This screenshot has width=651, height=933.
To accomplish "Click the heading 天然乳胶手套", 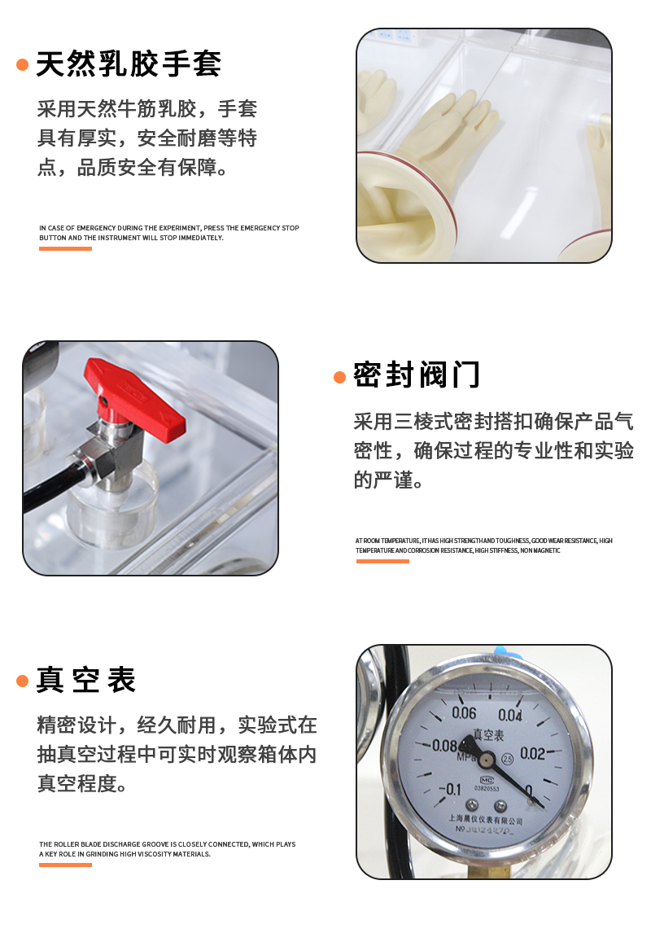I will pyautogui.click(x=129, y=64).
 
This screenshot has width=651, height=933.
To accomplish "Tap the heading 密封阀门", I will pyautogui.click(x=417, y=375).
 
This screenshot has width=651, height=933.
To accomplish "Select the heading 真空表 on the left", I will pyautogui.click(x=86, y=680).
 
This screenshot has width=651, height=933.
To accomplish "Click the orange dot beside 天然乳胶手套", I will pyautogui.click(x=23, y=64).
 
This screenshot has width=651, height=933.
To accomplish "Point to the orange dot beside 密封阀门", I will pyautogui.click(x=340, y=376).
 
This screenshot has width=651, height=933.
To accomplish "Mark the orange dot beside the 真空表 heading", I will pyautogui.click(x=23, y=681).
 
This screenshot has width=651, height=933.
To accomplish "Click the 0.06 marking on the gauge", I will pyautogui.click(x=464, y=714).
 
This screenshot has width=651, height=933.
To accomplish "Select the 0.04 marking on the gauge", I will pyautogui.click(x=510, y=716).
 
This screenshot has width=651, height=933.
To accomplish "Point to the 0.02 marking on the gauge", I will pyautogui.click(x=532, y=753).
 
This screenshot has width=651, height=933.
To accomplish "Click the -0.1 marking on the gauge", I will pyautogui.click(x=449, y=788).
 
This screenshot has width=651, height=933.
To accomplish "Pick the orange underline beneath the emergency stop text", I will pyautogui.click(x=65, y=248).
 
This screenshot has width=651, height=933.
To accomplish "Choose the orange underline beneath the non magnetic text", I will pyautogui.click(x=382, y=561).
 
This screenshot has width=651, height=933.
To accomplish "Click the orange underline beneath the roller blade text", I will pyautogui.click(x=65, y=865).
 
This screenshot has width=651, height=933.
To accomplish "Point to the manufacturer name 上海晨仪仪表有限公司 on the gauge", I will pyautogui.click(x=486, y=820).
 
